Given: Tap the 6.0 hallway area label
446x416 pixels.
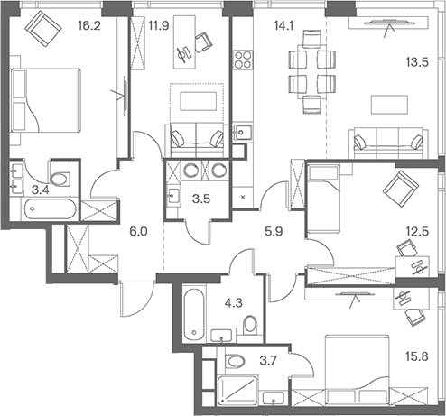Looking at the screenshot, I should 137,231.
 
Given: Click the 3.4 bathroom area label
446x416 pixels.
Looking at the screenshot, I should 40,190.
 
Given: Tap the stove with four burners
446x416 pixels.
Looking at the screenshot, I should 243,60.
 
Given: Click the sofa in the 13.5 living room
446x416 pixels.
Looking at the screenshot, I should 388,142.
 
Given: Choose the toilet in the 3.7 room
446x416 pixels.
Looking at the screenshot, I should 236,363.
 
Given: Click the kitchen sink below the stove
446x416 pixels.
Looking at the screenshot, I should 241,132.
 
